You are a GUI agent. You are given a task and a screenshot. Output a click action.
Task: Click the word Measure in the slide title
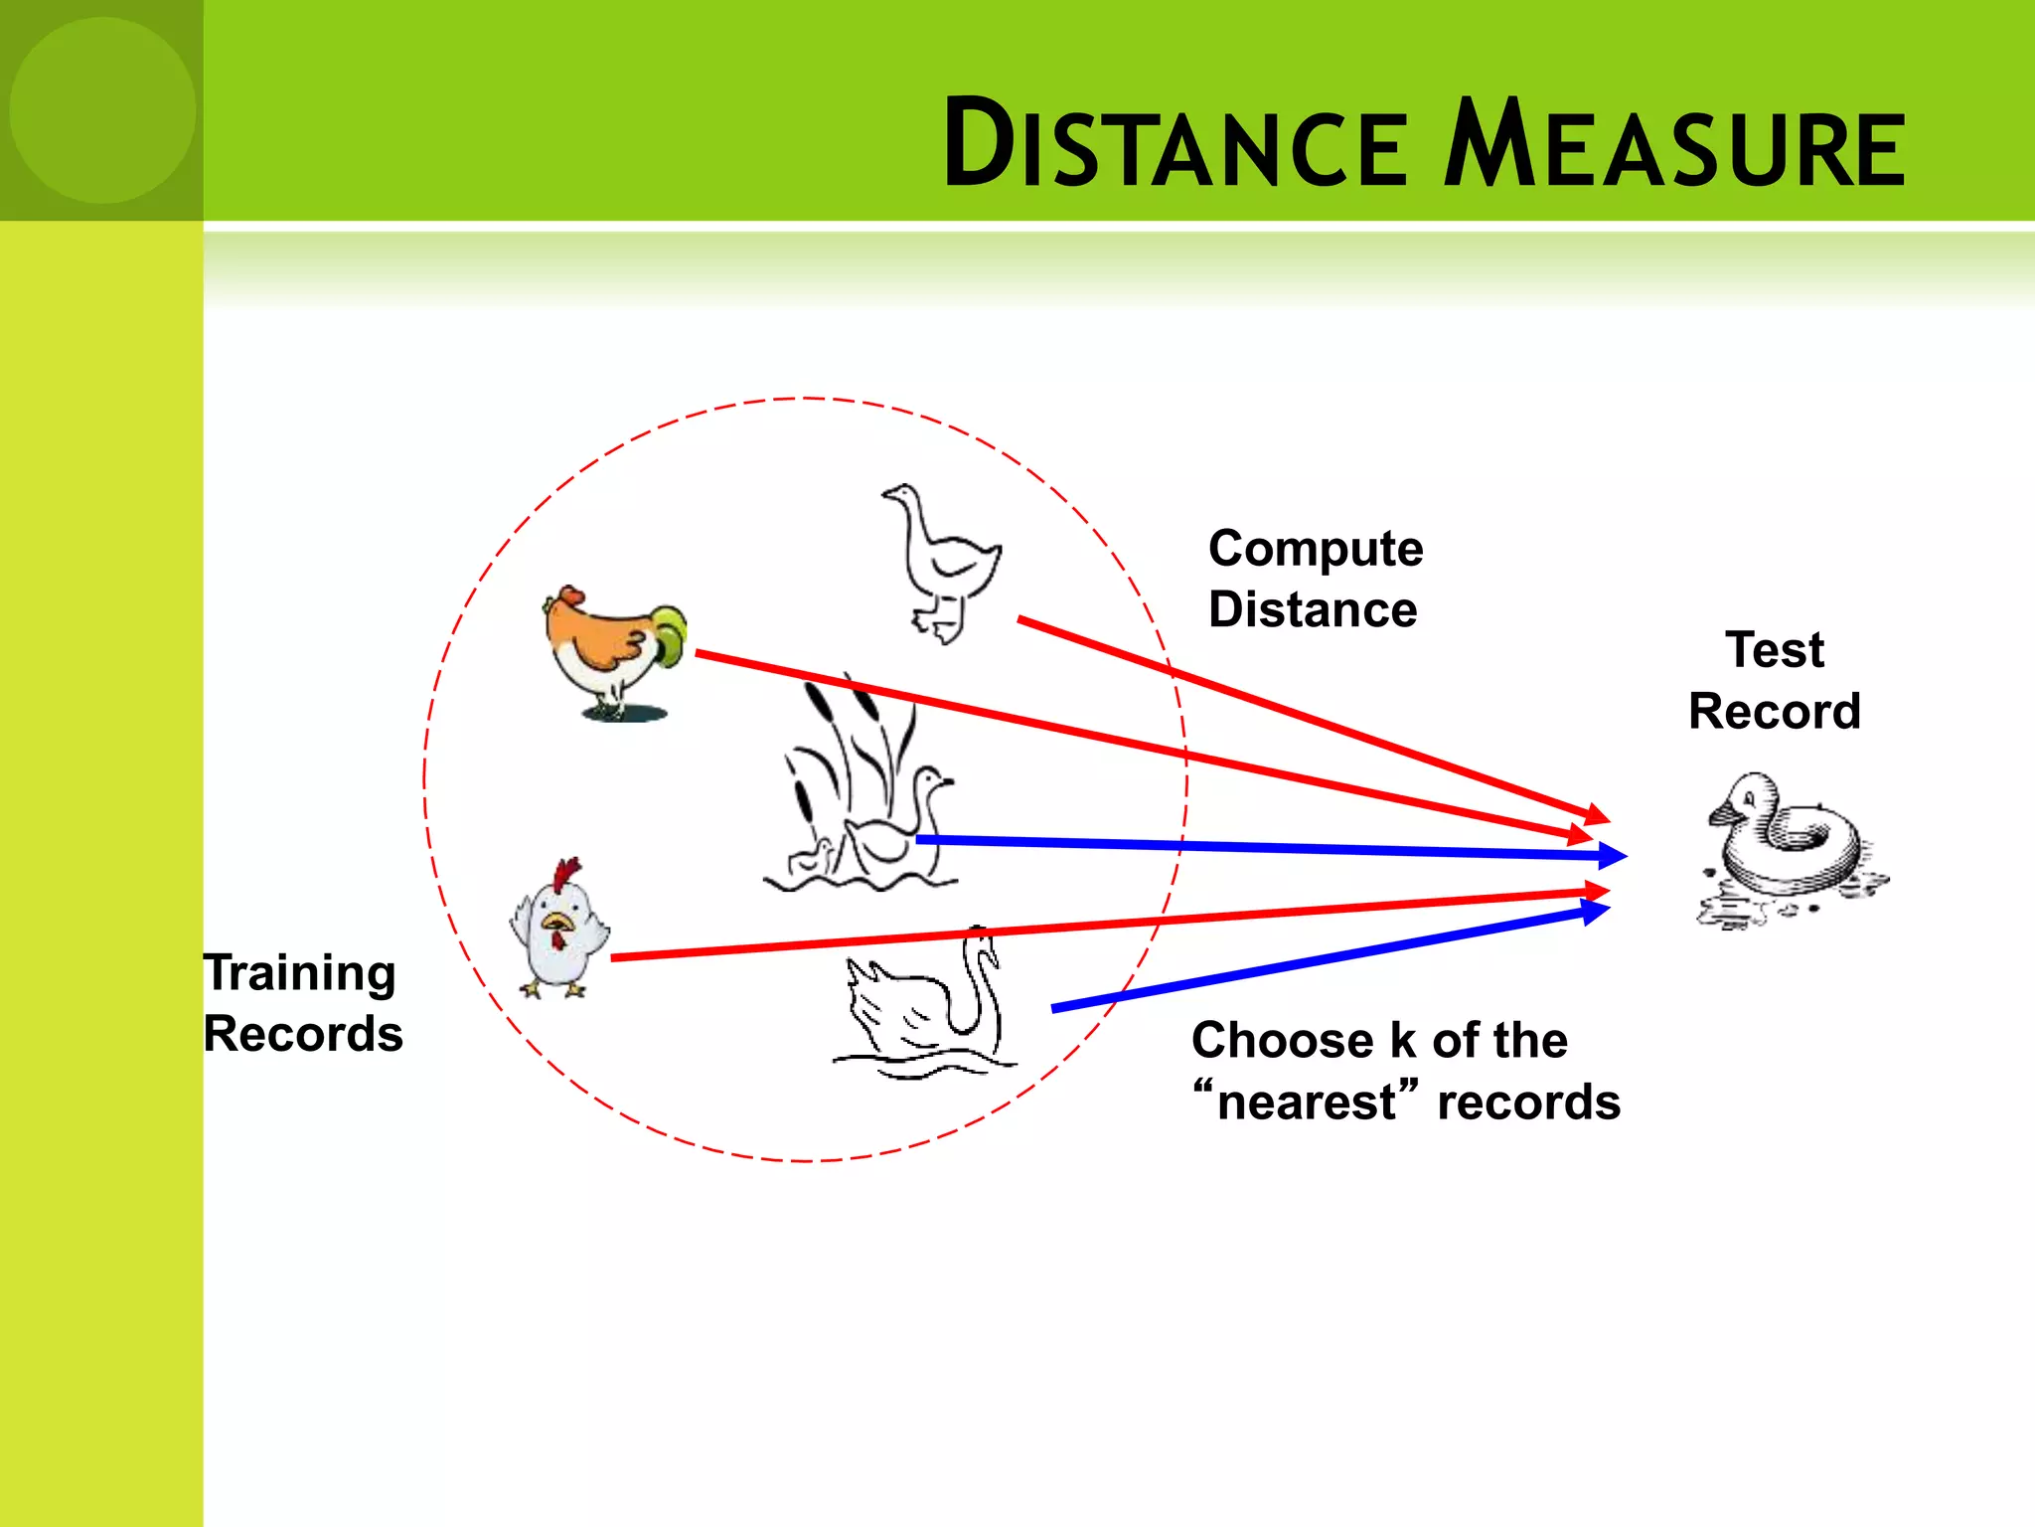(1674, 144)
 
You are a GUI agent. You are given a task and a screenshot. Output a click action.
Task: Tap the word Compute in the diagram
(1316, 549)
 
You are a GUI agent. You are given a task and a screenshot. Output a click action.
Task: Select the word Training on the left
(300, 972)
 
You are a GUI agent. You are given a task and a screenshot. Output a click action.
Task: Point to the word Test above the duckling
(1775, 650)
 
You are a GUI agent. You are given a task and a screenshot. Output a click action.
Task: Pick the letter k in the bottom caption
(1402, 1040)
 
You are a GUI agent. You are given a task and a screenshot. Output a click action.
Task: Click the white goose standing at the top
(944, 562)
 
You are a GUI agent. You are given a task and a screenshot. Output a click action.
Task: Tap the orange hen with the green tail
(614, 651)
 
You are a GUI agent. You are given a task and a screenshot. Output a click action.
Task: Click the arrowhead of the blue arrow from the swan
(1596, 910)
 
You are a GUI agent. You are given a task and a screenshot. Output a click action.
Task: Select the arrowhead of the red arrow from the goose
(1597, 815)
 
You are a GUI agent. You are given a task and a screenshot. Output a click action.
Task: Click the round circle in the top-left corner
(102, 109)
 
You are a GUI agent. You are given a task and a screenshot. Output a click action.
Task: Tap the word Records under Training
(303, 1034)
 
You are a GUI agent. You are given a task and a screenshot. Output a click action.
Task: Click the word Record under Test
(1775, 712)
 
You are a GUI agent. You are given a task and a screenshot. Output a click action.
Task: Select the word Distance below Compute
(1313, 609)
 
